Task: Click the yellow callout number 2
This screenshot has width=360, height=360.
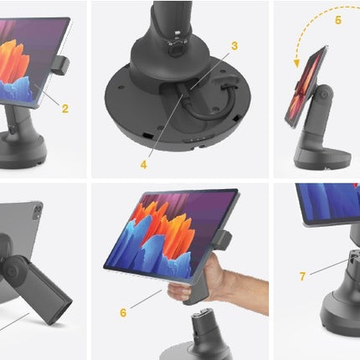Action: pos(65,109)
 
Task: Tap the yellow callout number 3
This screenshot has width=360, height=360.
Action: pos(234,46)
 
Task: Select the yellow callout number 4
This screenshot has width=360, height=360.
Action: pos(144,165)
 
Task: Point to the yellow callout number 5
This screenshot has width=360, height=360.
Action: pos(338,20)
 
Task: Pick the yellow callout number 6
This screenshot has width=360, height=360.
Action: pos(123,313)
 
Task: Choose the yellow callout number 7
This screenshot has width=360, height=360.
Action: pos(302,276)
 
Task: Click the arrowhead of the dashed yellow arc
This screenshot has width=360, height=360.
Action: pos(296,64)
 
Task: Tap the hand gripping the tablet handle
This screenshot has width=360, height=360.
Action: pos(212,282)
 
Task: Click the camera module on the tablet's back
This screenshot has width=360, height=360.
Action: pos(38,211)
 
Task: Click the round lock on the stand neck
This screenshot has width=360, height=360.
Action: pos(176,49)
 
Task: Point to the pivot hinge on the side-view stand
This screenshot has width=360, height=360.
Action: pos(324,95)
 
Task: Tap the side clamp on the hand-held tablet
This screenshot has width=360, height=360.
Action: pos(224,240)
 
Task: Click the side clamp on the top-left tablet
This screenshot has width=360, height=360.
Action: pos(62,65)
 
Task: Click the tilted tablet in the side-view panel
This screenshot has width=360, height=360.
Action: pos(306,87)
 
